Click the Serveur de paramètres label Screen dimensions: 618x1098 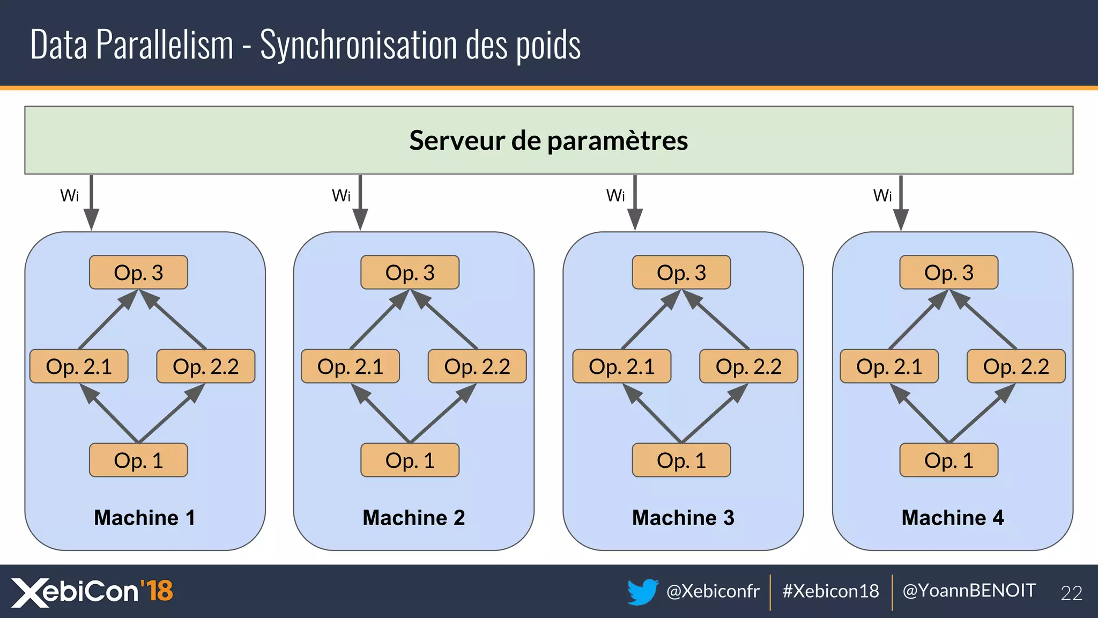548,141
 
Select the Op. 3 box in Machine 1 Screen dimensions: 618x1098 138,273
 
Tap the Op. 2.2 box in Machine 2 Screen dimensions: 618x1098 477,366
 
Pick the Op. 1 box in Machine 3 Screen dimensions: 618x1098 681,460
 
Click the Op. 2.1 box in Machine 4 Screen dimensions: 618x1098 889,366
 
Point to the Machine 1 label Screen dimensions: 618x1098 144,518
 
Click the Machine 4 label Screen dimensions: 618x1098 952,518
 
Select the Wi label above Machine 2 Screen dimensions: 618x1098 341,196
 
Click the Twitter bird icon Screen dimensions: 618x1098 643,591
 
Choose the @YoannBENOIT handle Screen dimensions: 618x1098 969,591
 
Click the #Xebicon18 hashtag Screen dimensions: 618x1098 830,591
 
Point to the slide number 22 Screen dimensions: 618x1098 1071,593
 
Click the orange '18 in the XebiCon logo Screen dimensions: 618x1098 157,591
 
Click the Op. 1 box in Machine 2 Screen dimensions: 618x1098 410,460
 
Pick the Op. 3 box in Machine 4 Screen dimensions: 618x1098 948,273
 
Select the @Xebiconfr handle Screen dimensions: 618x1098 713,591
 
